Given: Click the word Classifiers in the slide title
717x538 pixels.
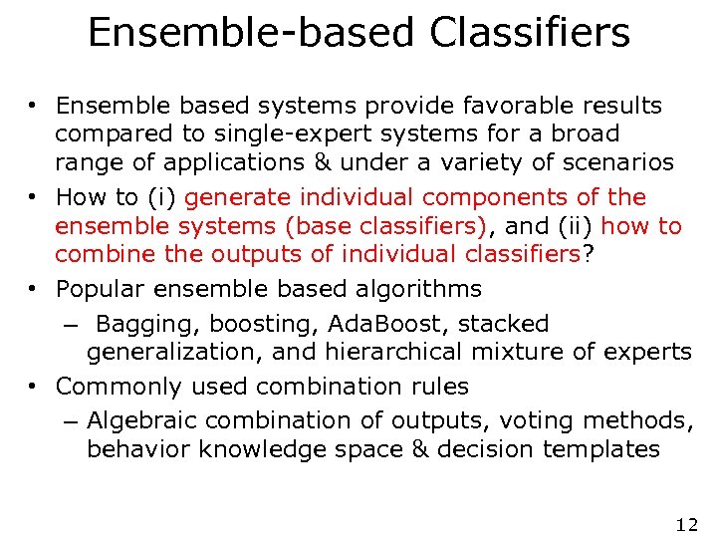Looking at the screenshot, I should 530,32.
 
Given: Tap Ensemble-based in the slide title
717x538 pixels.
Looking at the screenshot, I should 252,32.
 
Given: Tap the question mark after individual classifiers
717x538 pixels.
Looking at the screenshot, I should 589,254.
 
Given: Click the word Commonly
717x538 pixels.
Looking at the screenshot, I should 114,386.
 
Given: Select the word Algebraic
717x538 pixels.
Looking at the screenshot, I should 137,420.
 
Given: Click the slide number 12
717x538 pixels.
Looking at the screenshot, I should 686,524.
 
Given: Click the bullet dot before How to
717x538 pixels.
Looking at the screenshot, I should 34,197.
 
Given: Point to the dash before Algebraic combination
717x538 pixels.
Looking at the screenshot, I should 68,421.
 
